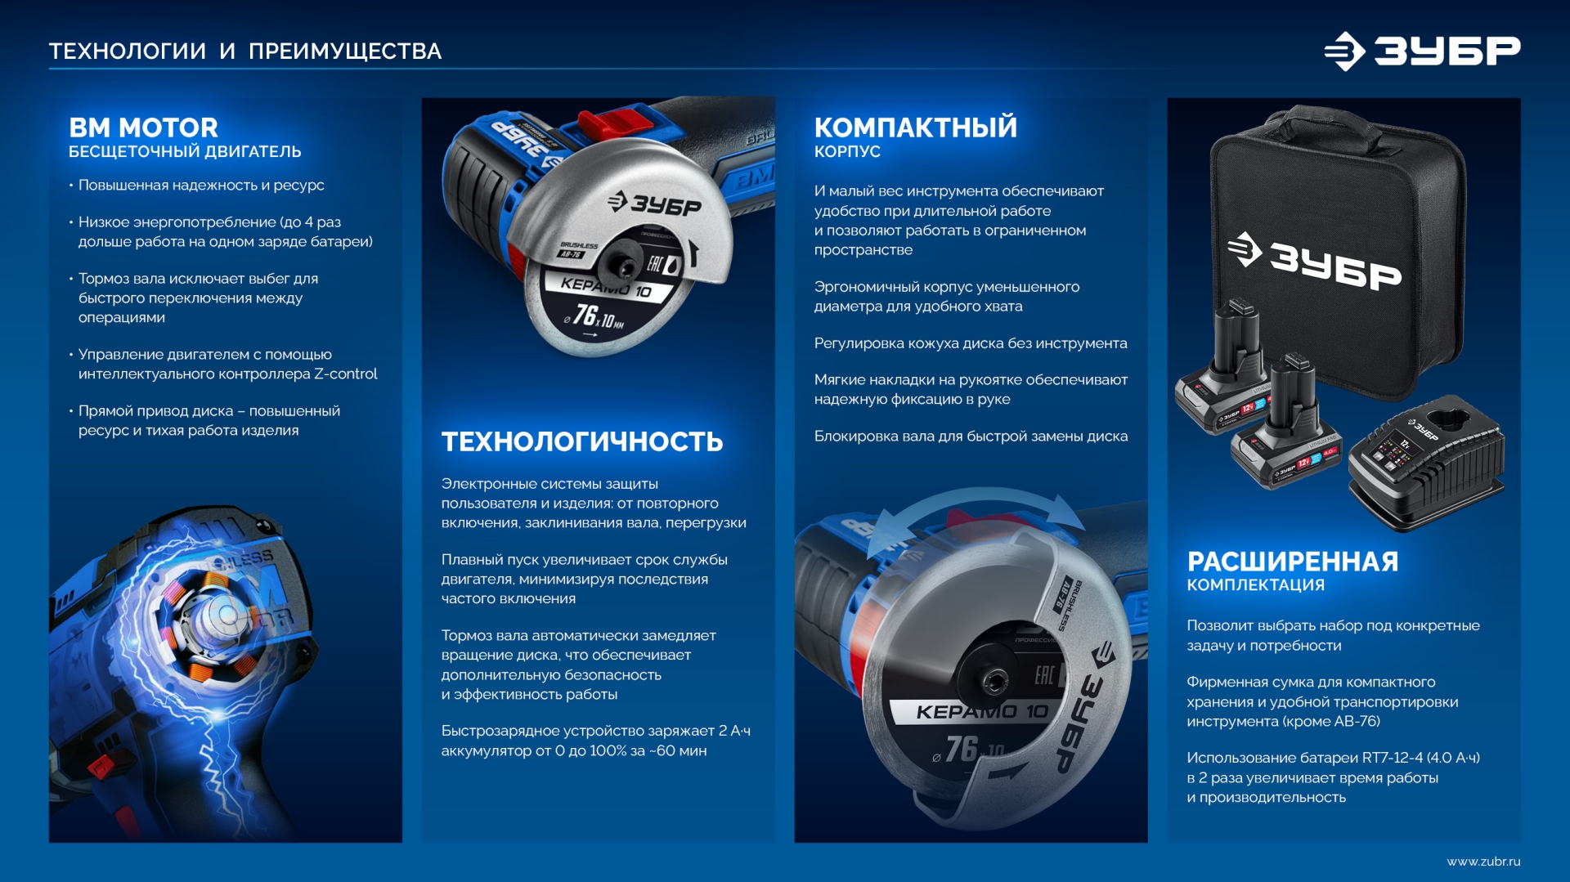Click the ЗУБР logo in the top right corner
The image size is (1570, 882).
click(1422, 51)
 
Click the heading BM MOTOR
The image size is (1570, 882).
click(143, 128)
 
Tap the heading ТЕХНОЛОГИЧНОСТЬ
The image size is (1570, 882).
click(582, 441)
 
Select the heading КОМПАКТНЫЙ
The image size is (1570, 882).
click(916, 127)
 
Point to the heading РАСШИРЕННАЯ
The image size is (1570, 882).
click(1293, 562)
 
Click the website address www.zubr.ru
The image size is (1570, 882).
click(1483, 862)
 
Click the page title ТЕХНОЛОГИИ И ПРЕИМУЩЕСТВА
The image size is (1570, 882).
click(245, 51)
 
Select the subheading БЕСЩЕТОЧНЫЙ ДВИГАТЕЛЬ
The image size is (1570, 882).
click(185, 152)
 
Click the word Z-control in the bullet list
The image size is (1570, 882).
click(346, 374)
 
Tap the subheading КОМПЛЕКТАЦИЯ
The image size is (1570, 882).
click(1256, 585)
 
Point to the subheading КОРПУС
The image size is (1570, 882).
click(847, 152)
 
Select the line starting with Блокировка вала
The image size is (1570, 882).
click(971, 437)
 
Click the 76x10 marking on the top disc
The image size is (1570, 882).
click(595, 316)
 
